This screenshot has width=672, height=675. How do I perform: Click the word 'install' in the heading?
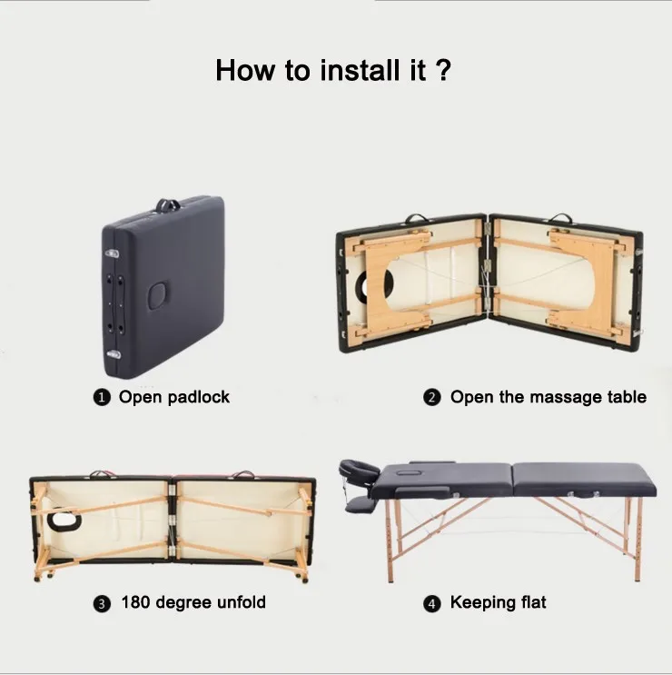(x=360, y=70)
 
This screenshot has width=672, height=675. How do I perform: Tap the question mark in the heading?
(x=442, y=70)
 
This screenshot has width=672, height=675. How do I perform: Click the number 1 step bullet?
(x=102, y=397)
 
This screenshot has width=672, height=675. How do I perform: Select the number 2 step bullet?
(x=432, y=397)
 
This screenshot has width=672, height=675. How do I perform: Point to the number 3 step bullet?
(x=102, y=603)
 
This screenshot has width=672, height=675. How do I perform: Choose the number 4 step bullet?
(x=432, y=603)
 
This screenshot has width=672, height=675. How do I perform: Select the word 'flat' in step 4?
(x=533, y=602)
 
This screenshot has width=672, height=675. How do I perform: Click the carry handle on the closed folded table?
(x=167, y=205)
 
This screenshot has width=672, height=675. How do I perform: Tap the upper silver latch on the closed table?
(x=112, y=253)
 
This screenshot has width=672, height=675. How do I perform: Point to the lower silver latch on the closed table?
(x=114, y=354)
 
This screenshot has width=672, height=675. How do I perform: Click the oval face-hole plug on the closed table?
(x=158, y=295)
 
